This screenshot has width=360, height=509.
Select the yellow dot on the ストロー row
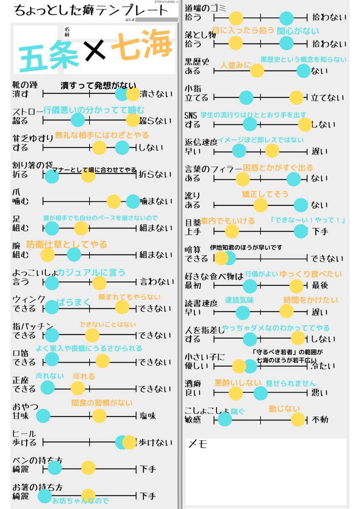pos(133,120)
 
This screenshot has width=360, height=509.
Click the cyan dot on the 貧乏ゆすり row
pos(122,148)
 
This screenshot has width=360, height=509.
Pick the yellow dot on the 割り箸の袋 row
pos(88,175)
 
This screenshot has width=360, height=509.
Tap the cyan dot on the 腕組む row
pos(74,255)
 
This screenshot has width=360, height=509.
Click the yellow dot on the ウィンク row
pos(122,308)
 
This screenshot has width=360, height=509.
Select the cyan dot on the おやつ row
pos(43,416)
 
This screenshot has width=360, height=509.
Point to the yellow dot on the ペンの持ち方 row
pos(88,468)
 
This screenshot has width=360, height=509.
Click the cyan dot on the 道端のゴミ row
pos(287,18)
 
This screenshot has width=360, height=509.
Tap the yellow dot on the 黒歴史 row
pos(257,71)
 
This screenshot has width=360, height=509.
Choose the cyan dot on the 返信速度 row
pos(239,151)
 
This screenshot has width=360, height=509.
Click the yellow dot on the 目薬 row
pos(232,231)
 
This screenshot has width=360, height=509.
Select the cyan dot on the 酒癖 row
pos(261,393)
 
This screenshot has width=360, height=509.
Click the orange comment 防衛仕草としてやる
pos(67,244)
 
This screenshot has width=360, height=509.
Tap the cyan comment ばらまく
pos(74,302)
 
